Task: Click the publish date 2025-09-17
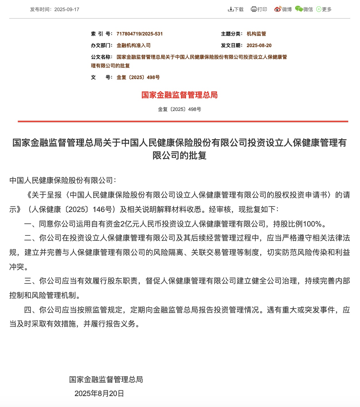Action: (67, 9)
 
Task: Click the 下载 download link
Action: (236, 9)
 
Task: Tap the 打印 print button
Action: (259, 9)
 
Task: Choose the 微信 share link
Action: (304, 9)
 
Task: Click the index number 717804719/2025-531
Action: (140, 34)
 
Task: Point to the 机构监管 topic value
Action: (256, 34)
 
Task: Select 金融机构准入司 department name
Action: (133, 45)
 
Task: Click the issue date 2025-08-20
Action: (259, 45)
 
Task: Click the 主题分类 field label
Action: (232, 34)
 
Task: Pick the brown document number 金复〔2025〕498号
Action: (138, 77)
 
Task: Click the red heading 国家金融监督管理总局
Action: (179, 95)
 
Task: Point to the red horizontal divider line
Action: (183, 122)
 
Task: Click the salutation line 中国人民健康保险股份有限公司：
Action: (63, 181)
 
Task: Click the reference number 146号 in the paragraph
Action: (102, 210)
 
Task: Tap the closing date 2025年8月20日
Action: (99, 393)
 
